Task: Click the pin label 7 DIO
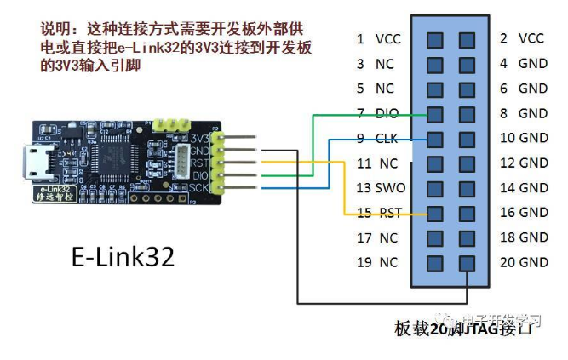(x=376, y=113)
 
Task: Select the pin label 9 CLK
(x=376, y=138)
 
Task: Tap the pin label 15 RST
(x=376, y=213)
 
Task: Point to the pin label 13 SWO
(x=376, y=187)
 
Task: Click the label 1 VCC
(x=376, y=39)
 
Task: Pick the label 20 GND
(x=521, y=262)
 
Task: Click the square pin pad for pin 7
(x=434, y=113)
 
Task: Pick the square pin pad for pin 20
(x=466, y=262)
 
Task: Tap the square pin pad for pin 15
(x=434, y=213)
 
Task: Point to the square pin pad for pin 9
(x=434, y=138)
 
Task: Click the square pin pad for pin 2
(x=466, y=39)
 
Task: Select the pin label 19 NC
(x=376, y=262)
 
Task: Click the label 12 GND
(x=521, y=163)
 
